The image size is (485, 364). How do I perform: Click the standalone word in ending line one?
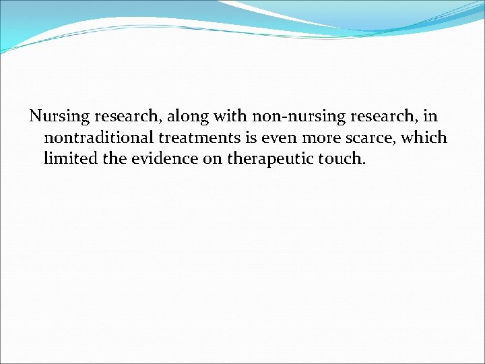(x=429, y=117)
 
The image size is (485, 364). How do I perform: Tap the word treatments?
(x=195, y=138)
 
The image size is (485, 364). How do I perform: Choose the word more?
(x=312, y=138)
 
